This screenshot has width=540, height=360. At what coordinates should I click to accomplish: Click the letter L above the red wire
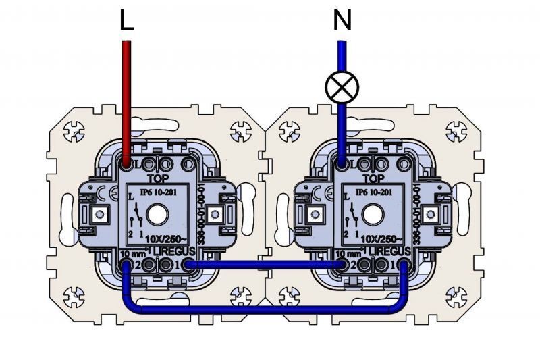coord(126,20)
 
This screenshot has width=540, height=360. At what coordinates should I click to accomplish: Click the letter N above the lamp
coord(342,20)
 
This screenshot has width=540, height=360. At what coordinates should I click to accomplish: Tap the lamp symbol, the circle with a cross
coord(342,86)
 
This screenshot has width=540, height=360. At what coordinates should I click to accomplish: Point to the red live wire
coord(126,101)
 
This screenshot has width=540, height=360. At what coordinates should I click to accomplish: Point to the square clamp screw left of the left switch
coord(100,215)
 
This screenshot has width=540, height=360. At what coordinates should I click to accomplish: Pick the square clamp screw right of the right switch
coord(435,215)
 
